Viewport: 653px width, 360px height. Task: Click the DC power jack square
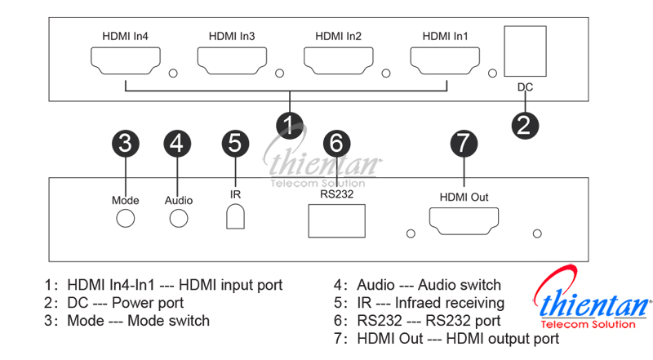coord(525,51)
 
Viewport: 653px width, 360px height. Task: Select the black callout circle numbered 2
coord(525,124)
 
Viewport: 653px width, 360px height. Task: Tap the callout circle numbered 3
coord(125,143)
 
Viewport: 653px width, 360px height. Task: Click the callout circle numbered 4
coord(177,143)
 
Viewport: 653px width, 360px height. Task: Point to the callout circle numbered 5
coord(235,143)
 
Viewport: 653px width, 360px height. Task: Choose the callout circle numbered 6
coord(335,143)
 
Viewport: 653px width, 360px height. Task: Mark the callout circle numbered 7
coord(464,143)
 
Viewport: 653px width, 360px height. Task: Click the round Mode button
coord(125,218)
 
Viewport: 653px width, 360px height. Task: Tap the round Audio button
coord(178,218)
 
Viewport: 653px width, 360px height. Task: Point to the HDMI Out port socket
coord(464,220)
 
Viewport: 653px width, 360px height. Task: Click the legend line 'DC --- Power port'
coord(113,303)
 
